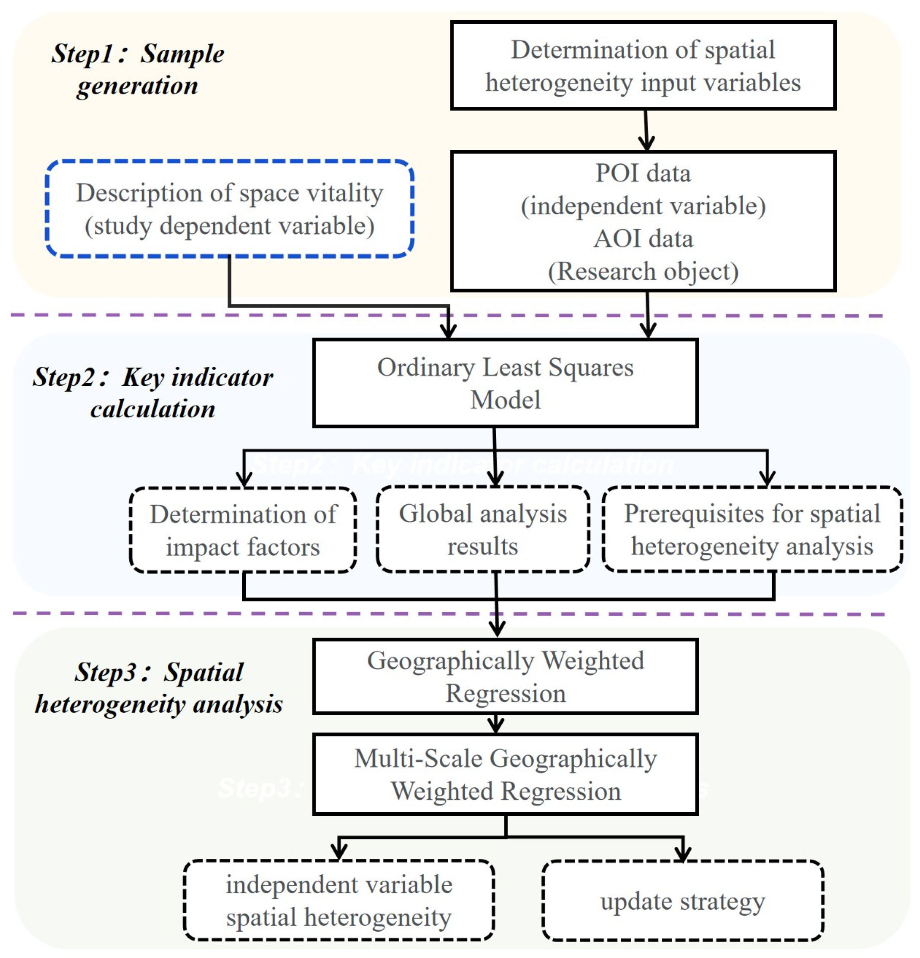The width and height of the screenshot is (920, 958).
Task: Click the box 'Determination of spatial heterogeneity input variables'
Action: point(642,66)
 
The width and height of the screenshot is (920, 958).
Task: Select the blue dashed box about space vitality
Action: point(229,209)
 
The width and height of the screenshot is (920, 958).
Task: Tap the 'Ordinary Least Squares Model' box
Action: point(504,383)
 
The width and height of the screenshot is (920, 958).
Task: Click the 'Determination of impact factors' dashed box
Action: point(243,530)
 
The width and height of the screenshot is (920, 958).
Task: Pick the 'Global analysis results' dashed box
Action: point(482,529)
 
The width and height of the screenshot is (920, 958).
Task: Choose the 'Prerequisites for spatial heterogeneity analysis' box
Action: point(752,529)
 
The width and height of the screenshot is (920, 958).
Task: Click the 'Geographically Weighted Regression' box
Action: point(504,676)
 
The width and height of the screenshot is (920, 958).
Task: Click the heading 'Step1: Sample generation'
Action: point(138,69)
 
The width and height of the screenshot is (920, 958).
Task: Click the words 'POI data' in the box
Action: point(642,173)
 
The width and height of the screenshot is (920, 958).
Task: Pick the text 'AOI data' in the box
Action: point(642,238)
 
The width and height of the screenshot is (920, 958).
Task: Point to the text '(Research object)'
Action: point(642,271)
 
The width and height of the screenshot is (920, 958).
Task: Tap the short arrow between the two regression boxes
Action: point(496,723)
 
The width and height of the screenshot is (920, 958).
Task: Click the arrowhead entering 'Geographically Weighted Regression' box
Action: point(497,629)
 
